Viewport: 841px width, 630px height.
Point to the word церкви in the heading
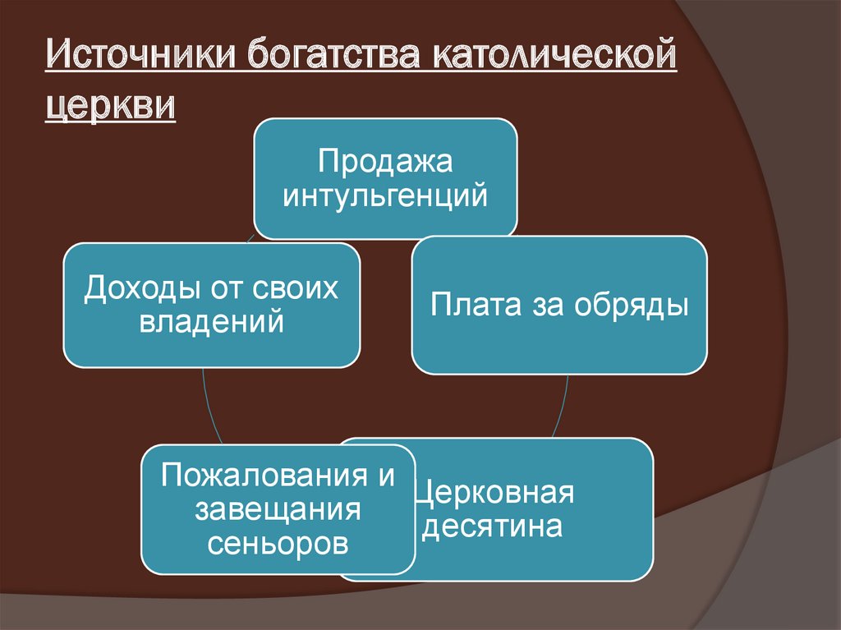pyautogui.click(x=109, y=107)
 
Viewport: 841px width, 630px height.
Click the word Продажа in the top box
pyautogui.click(x=385, y=161)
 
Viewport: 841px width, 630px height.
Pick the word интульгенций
pyautogui.click(x=385, y=196)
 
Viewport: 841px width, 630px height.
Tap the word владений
pyautogui.click(x=212, y=321)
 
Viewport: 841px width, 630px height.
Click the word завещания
pyautogui.click(x=278, y=509)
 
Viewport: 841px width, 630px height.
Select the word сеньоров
pyautogui.click(x=278, y=543)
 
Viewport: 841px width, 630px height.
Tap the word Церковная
pyautogui.click(x=494, y=493)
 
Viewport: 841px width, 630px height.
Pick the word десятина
pyautogui.click(x=492, y=527)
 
